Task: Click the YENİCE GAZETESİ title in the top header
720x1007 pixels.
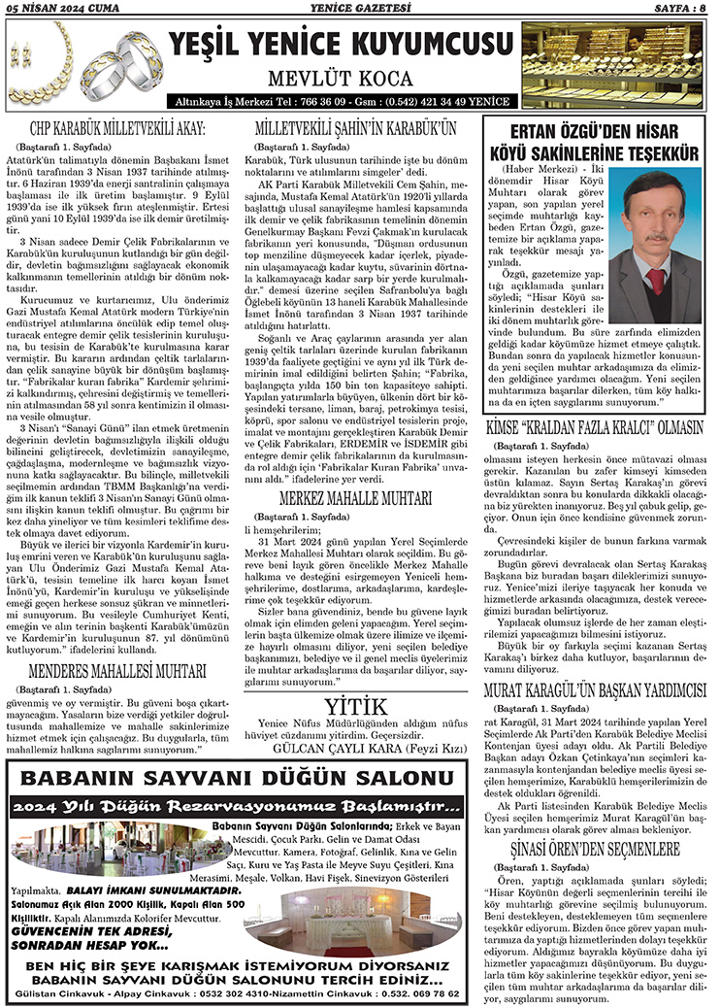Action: pos(359,9)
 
